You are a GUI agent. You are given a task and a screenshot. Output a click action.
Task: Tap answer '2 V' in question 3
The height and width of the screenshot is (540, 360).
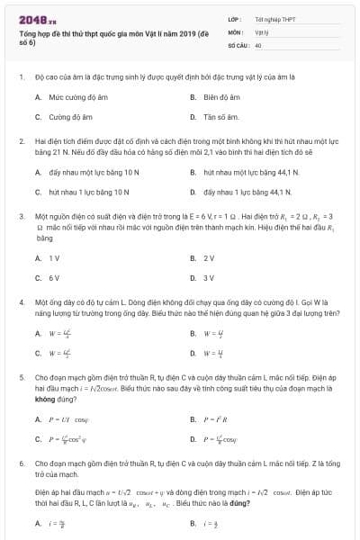(x=209, y=258)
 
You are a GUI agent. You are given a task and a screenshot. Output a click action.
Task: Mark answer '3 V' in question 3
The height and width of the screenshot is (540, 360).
(x=209, y=278)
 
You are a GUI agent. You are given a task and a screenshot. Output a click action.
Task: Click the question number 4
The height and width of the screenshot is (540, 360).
(x=21, y=304)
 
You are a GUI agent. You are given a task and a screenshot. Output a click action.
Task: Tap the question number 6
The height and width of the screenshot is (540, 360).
(x=21, y=463)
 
